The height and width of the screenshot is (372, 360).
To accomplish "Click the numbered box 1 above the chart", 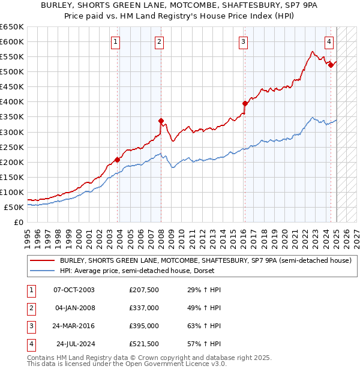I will (x=115, y=41).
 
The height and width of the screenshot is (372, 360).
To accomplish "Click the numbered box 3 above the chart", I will (x=243, y=41).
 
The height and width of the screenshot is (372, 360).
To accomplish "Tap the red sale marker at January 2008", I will (x=161, y=121).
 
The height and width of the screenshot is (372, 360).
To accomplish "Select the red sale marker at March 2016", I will (x=245, y=103).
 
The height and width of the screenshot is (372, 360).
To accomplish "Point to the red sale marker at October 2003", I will (x=117, y=160).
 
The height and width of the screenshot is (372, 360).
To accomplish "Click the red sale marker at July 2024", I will (x=331, y=65).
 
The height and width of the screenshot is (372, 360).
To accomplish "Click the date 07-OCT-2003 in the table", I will (x=74, y=290).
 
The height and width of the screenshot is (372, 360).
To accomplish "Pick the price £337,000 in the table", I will (x=144, y=308).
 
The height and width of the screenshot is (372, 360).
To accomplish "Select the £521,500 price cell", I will (x=144, y=344).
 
